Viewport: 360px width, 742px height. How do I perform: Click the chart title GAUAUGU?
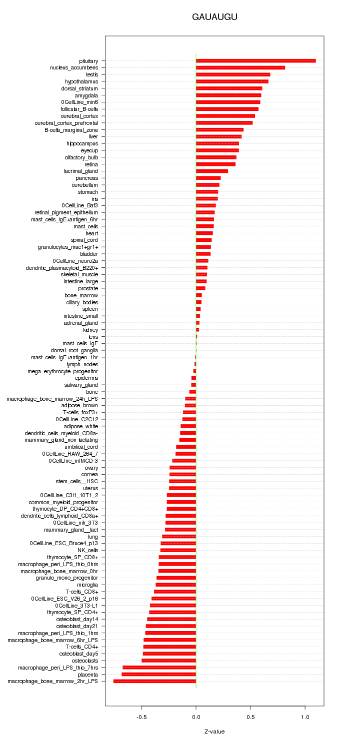tap(214, 17)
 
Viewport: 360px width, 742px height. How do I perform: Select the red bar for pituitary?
tap(255, 61)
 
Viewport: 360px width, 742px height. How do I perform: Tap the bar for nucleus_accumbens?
tap(240, 67)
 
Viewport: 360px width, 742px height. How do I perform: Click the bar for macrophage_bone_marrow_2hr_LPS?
tap(154, 681)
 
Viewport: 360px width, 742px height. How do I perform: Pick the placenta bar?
tap(158, 674)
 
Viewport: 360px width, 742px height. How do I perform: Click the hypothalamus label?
tap(81, 81)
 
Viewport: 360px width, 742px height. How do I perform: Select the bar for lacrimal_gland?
tap(211, 171)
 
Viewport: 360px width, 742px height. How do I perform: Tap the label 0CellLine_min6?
tap(79, 102)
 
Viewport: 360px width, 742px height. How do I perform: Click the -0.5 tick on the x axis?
tap(141, 717)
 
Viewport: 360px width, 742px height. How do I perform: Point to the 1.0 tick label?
tap(305, 717)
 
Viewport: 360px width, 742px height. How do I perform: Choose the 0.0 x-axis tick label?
tap(196, 717)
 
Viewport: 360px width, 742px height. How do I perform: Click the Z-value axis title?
tap(214, 732)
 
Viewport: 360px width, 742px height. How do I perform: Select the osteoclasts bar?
tap(168, 661)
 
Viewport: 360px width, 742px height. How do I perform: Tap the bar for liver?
tap(218, 136)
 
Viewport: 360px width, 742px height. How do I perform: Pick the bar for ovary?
tap(182, 468)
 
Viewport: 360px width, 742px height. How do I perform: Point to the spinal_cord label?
tap(84, 240)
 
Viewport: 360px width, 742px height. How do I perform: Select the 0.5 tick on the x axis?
tap(250, 717)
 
